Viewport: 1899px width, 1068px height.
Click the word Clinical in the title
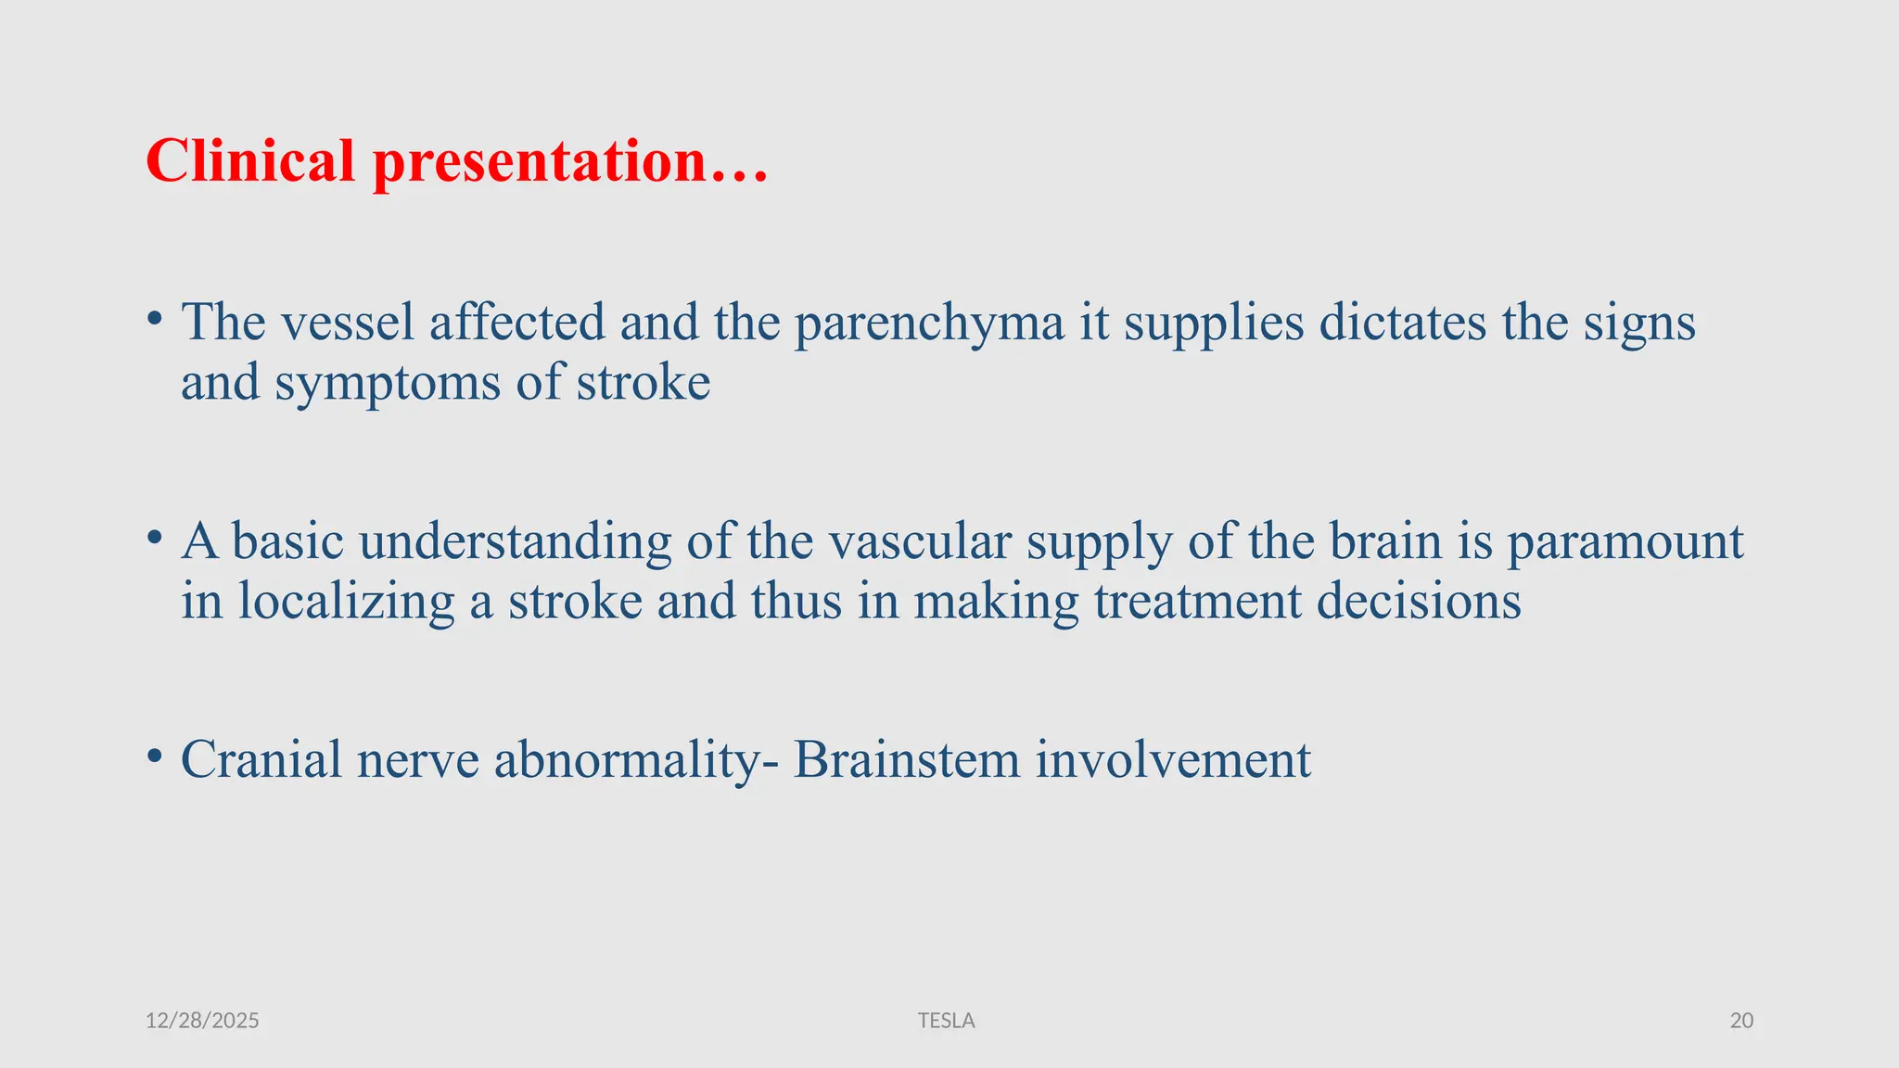pos(250,161)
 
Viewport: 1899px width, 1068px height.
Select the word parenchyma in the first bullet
pos(929,324)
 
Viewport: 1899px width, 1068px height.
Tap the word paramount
pos(1625,543)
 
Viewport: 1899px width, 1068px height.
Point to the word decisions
pos(1419,601)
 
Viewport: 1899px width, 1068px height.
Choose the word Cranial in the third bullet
pos(261,759)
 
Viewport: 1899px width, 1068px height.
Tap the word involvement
pos(1173,759)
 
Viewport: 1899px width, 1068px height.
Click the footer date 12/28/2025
pos(202,1021)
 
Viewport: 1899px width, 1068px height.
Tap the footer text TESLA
pos(946,1021)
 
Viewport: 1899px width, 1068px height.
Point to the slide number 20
pos(1741,1021)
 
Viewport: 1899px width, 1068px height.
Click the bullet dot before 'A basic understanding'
pos(155,538)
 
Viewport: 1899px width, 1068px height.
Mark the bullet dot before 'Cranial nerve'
pos(155,756)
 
